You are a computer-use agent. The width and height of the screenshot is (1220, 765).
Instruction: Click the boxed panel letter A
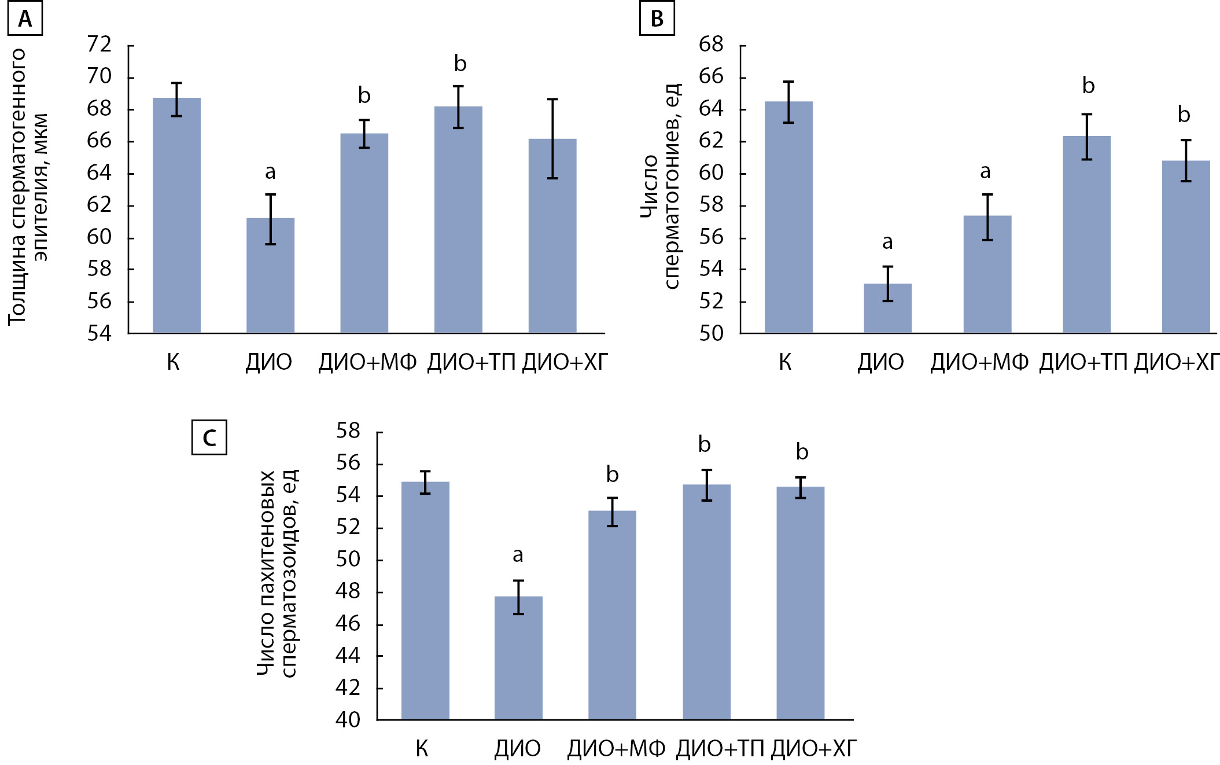25,19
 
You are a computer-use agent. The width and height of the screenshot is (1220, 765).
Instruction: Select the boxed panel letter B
657,19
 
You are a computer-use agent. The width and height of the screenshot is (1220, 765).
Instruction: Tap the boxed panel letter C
209,437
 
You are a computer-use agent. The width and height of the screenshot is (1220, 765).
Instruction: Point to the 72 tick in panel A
99,45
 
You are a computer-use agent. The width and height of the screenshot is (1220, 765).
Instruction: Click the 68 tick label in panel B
711,45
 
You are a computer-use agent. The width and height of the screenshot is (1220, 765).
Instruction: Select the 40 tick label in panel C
348,720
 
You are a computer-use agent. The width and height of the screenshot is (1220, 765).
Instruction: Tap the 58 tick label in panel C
348,431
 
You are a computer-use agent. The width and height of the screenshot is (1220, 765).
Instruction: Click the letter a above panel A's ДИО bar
270,172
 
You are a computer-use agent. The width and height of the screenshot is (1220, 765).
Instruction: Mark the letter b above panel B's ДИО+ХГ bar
1184,115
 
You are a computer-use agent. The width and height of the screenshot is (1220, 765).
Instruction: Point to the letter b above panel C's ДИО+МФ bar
612,475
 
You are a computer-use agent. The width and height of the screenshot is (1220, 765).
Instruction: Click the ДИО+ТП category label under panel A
471,362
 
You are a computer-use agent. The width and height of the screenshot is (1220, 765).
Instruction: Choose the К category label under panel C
422,749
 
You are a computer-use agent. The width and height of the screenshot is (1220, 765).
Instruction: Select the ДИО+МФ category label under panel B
979,362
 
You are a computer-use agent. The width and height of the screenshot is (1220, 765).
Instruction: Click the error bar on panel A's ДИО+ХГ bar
552,139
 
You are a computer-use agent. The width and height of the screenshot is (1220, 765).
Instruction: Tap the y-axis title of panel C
277,573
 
